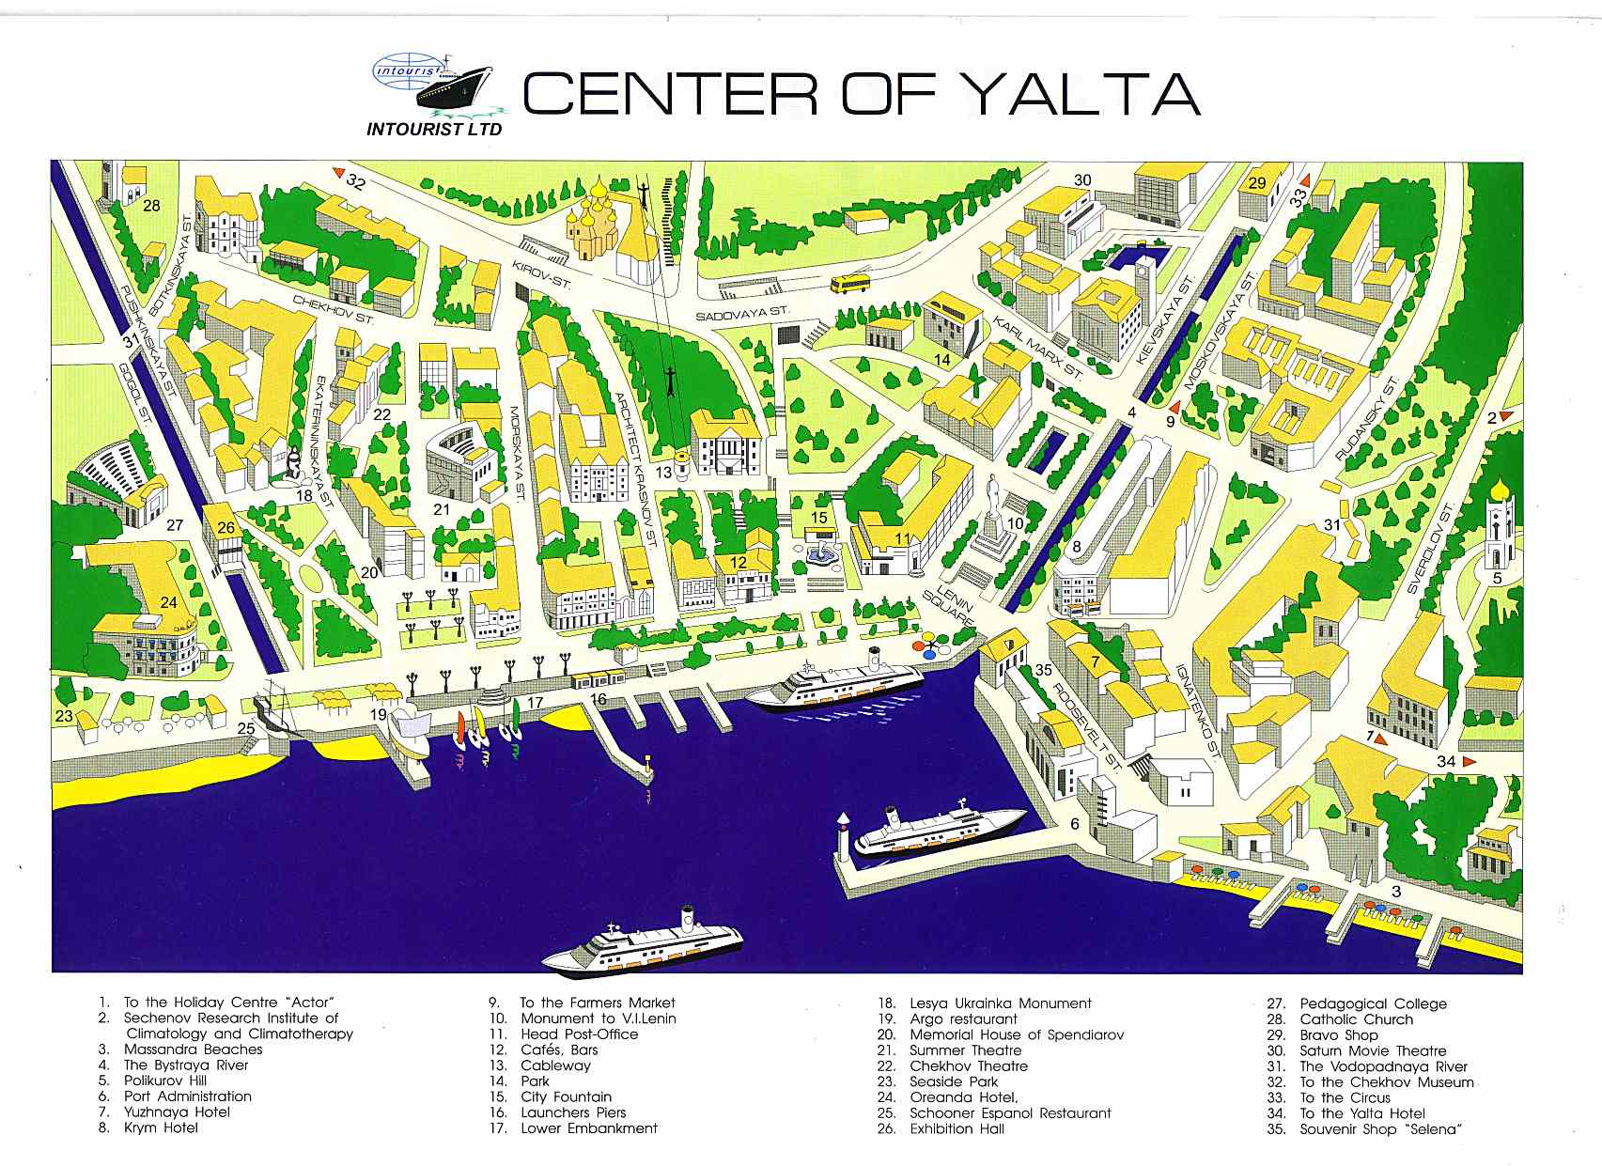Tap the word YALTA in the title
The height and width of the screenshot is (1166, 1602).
point(1081,93)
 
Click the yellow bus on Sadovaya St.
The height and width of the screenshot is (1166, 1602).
point(849,283)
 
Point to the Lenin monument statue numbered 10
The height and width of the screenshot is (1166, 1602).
point(994,512)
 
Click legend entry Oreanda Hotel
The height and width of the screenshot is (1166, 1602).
point(963,1096)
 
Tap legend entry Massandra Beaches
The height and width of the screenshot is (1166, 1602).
point(193,1049)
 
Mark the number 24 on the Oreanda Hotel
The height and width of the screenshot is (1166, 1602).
point(168,602)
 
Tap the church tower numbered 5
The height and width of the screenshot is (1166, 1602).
point(1498,526)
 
